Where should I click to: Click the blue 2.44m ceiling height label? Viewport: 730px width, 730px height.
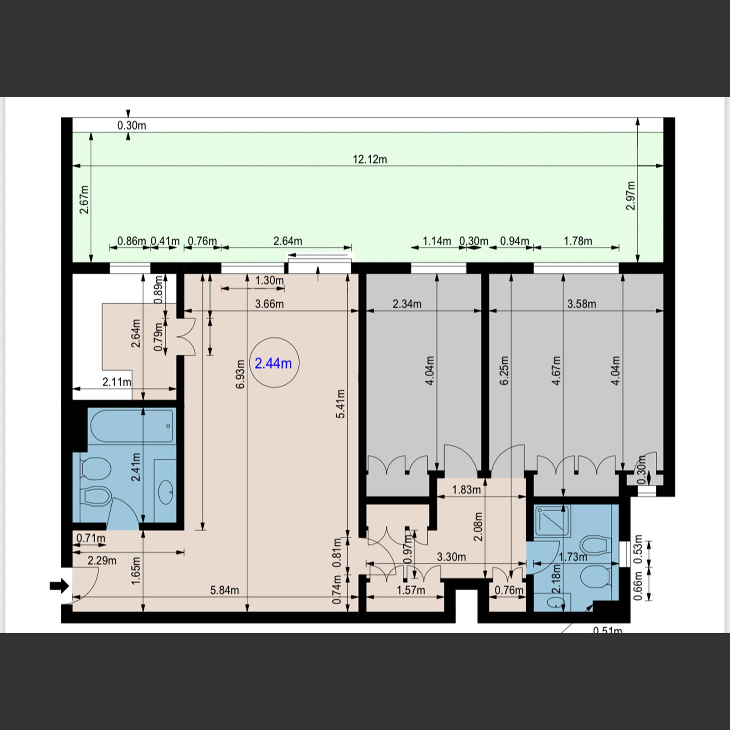coord(273,363)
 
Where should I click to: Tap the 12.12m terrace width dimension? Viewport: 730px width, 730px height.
coord(369,160)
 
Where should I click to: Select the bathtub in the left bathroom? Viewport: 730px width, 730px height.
coord(132,426)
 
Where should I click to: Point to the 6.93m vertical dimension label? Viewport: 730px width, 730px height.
coord(240,374)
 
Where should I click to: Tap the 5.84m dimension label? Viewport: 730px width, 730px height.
coord(225,590)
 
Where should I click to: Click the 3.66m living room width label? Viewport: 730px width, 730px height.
coord(269,304)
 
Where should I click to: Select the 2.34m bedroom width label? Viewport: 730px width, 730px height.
coord(407,304)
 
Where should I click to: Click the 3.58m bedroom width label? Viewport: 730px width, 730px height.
coord(582,304)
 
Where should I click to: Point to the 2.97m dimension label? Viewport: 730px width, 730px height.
coord(631,196)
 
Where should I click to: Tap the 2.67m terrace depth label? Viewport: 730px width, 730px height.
coord(85,200)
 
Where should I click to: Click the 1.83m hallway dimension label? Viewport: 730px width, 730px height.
coord(466,490)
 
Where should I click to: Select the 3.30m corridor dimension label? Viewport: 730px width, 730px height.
coord(451,557)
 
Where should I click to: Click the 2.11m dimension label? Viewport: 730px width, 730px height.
coord(117,382)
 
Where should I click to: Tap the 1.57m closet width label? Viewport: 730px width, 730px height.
coord(411,590)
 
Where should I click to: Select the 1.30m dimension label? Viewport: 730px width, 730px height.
coord(269,280)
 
